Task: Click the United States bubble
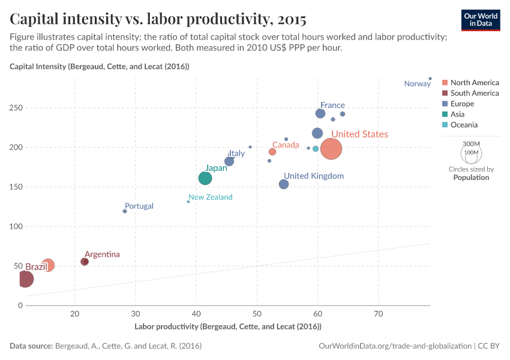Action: tap(331, 149)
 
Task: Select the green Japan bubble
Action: tap(205, 178)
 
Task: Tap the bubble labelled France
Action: tap(320, 113)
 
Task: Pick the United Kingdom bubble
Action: tap(284, 184)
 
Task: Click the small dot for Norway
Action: tap(430, 79)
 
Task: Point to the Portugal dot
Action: tap(125, 211)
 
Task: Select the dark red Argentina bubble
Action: tap(85, 262)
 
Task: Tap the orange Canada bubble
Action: tap(272, 152)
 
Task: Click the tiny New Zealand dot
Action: tap(188, 202)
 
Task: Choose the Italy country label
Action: tap(236, 154)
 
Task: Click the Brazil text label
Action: tap(36, 266)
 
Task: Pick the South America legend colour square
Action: tap(445, 93)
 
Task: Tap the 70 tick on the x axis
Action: tap(378, 313)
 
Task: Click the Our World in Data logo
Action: tap(481, 19)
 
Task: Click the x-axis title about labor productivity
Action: tap(228, 326)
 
